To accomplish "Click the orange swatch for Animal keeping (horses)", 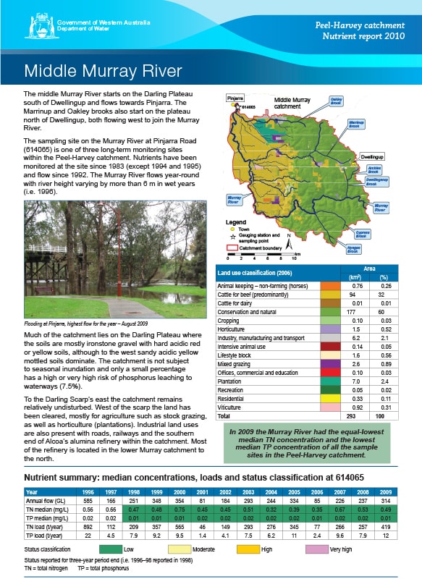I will [326, 286].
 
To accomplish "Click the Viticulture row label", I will [232, 407].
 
